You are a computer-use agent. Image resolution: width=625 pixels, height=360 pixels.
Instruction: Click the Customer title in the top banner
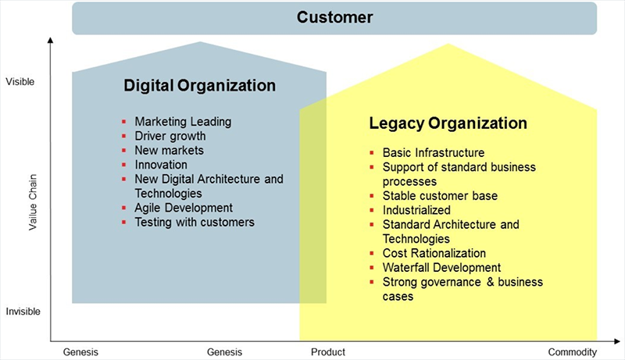(x=335, y=17)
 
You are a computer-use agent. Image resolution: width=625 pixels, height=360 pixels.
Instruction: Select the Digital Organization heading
(x=200, y=86)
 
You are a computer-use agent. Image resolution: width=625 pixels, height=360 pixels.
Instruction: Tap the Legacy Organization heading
(x=448, y=123)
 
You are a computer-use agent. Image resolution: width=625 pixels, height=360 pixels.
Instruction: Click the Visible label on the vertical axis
(x=20, y=82)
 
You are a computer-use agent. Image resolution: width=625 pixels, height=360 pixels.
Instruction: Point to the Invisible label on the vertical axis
(x=23, y=312)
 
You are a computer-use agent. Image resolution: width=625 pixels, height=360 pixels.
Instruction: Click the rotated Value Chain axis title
(x=33, y=202)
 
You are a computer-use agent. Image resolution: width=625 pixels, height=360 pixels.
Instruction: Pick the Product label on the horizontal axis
(x=328, y=352)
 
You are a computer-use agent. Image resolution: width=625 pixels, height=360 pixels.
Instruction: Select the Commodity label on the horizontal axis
(x=573, y=352)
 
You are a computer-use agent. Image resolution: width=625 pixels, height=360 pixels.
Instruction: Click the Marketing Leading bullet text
(x=183, y=122)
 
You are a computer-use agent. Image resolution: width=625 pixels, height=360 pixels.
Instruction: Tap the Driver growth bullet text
(x=170, y=136)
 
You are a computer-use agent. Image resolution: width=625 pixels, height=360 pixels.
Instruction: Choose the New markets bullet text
(x=169, y=150)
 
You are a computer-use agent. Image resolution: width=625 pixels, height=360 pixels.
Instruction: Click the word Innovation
(x=161, y=165)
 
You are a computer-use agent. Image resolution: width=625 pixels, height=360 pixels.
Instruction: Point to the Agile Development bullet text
(x=184, y=208)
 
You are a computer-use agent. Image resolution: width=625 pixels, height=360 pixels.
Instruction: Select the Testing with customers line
(x=195, y=222)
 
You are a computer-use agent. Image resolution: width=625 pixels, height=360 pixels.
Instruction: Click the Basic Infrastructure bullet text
(x=434, y=152)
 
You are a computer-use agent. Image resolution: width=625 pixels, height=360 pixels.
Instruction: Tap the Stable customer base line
(x=440, y=195)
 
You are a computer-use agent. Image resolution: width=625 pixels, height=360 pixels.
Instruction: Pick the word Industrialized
(x=416, y=210)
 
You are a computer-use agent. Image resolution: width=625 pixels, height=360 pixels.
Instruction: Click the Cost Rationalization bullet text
(x=434, y=253)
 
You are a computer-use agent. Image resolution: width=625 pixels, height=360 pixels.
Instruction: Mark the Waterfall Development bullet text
(x=441, y=267)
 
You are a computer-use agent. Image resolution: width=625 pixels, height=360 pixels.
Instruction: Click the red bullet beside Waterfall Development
(x=372, y=268)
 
